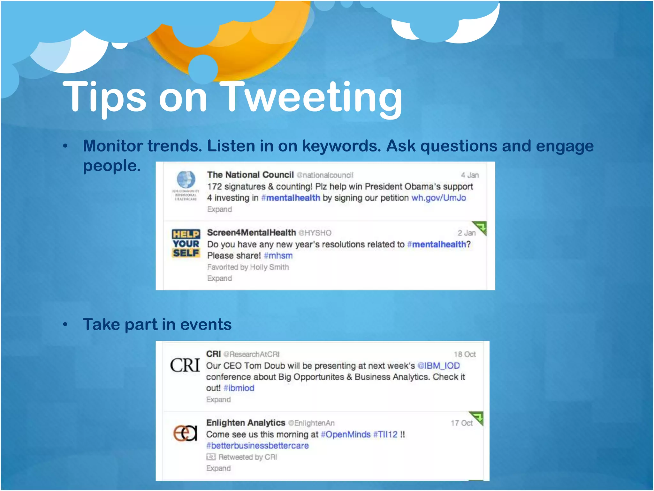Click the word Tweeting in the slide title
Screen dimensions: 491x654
(x=311, y=97)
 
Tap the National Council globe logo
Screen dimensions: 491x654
(x=186, y=180)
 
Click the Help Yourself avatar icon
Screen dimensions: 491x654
(x=186, y=244)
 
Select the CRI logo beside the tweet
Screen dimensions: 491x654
(x=185, y=365)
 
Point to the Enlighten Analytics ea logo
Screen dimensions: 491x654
(x=185, y=433)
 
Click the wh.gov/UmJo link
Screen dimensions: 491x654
(x=438, y=198)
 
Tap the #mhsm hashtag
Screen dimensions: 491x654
(x=278, y=256)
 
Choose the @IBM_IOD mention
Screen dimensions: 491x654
(x=438, y=365)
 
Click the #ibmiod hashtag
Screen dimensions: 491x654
(x=239, y=388)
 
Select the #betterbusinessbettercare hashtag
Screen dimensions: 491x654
(x=257, y=446)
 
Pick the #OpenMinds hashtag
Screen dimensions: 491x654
(x=346, y=434)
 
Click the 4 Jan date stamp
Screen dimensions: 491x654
(x=469, y=175)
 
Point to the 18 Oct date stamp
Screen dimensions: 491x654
(x=465, y=354)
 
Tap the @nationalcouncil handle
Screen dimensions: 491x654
(x=325, y=175)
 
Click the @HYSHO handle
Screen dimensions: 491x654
(x=315, y=233)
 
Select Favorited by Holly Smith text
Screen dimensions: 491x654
(x=248, y=267)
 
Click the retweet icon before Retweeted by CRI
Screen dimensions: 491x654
(x=211, y=457)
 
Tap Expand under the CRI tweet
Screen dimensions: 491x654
(x=218, y=400)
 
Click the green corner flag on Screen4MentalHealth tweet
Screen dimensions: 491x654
(x=480, y=227)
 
